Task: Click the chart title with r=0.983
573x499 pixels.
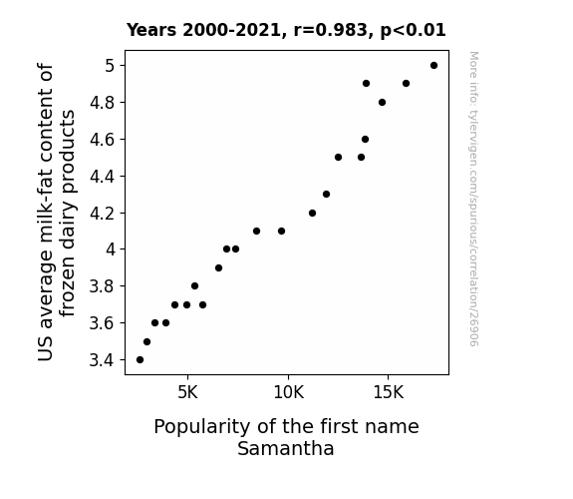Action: pos(286,30)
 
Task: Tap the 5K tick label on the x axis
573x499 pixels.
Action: pos(187,393)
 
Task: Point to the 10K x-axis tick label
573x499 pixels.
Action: pos(288,393)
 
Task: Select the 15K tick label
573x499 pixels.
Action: pos(388,393)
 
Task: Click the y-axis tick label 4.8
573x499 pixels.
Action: pos(102,103)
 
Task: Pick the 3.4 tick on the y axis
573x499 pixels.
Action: pos(102,360)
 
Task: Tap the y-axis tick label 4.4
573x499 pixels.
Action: pos(102,177)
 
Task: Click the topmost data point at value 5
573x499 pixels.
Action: pos(433,66)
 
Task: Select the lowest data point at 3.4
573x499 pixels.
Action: pos(140,360)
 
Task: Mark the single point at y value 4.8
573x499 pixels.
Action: pos(382,103)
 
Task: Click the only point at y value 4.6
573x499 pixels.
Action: pos(365,139)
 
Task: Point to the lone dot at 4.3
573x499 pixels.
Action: pos(326,194)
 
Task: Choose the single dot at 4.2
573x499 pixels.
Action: pos(312,213)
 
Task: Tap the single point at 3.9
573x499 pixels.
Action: pos(218,268)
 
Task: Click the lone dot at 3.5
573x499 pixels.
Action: pos(146,342)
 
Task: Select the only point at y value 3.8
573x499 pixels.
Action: pos(194,286)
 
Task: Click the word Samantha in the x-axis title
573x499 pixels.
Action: pos(286,449)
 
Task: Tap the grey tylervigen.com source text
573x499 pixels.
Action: pos(473,199)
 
